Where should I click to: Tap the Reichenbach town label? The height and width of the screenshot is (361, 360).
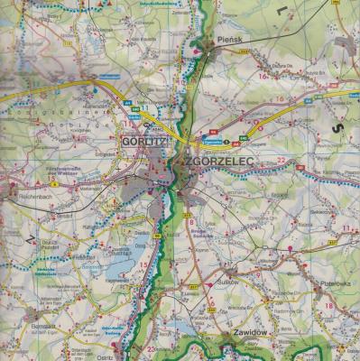coord(29,195)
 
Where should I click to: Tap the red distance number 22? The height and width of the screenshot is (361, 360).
coord(281,159)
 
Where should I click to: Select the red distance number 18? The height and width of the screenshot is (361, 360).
coord(328,306)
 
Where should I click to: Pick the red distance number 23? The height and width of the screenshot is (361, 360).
coord(150,349)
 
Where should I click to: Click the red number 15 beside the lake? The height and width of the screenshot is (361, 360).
coord(143,264)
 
